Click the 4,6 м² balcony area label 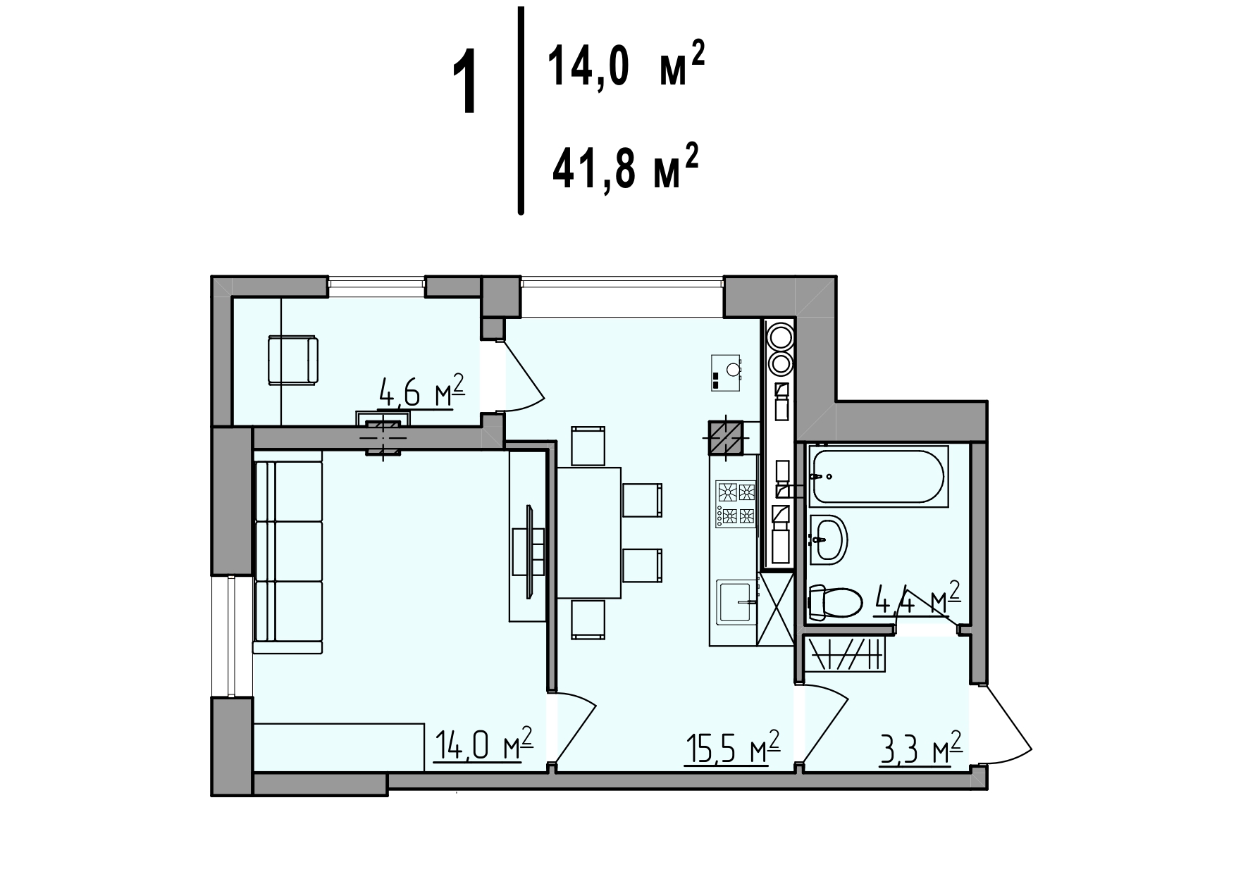tap(421, 392)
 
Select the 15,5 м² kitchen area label tap(733, 747)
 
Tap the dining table tap(590, 532)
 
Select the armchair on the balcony tap(292, 360)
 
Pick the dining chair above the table tap(588, 446)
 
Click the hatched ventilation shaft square tap(727, 438)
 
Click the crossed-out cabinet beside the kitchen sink tap(776, 608)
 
